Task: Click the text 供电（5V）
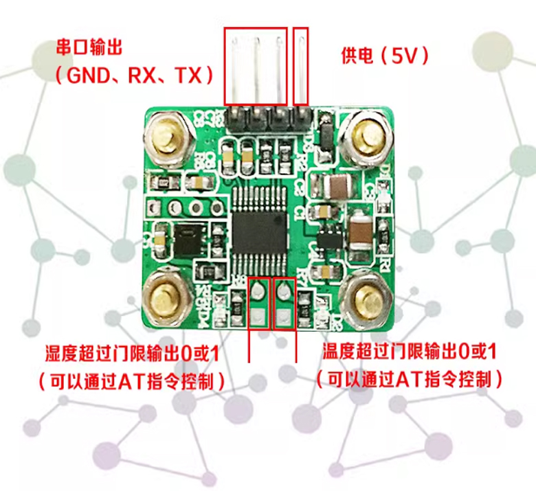[385, 55]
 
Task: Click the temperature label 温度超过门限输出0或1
[410, 353]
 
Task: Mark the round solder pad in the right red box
[284, 294]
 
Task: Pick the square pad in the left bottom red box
[258, 317]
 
